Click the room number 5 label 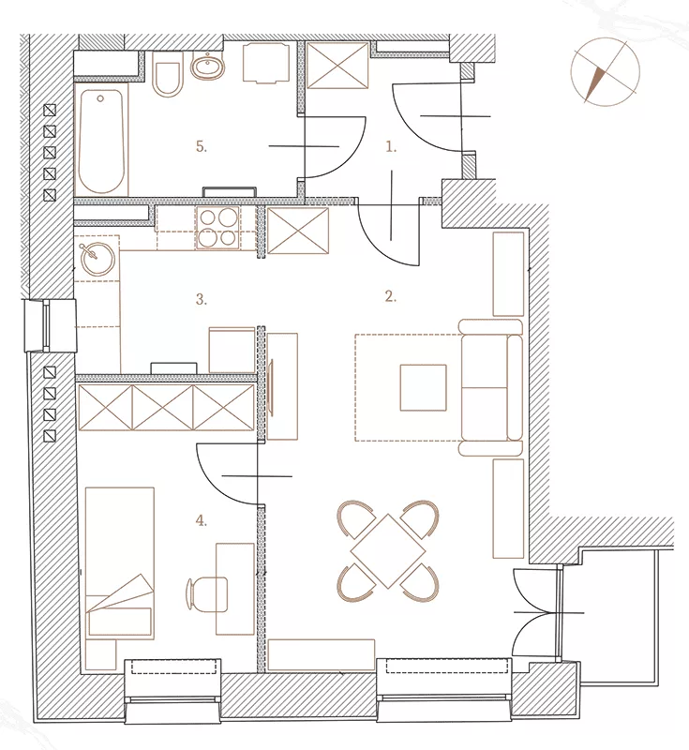click(202, 146)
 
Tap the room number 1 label click(391, 147)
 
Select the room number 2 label click(391, 296)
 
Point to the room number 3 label click(202, 299)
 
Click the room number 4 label click(202, 520)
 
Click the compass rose click(605, 72)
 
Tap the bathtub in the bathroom click(101, 139)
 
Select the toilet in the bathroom click(168, 74)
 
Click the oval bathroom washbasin click(208, 67)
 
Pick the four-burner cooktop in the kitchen click(218, 228)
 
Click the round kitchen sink click(98, 260)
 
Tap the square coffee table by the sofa click(423, 387)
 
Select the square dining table click(388, 551)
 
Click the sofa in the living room click(490, 387)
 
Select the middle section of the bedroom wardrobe click(162, 408)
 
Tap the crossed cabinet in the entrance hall click(337, 66)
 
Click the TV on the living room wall click(272, 386)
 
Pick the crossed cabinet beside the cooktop click(298, 231)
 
